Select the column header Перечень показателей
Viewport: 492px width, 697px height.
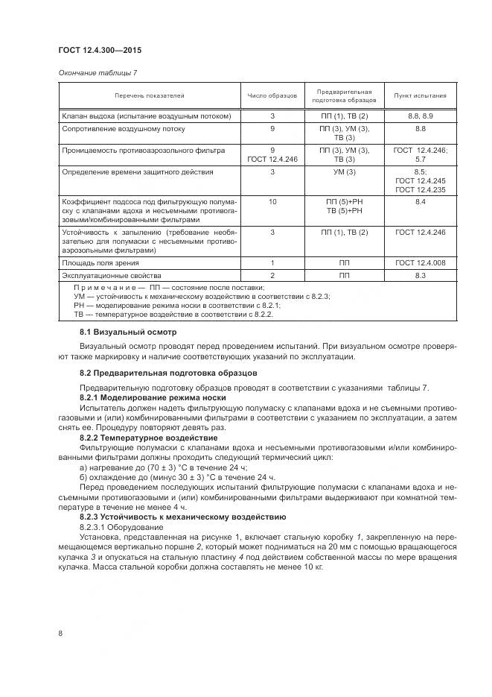(x=149, y=95)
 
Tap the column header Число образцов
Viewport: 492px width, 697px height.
(x=272, y=95)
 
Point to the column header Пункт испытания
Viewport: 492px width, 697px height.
(x=420, y=95)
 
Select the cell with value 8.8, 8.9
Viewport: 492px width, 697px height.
(x=420, y=116)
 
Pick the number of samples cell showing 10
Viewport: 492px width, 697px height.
(x=272, y=202)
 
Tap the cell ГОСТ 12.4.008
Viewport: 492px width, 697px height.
(x=420, y=263)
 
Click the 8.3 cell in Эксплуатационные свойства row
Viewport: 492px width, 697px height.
(x=420, y=276)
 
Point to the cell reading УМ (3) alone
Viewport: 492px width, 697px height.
(x=344, y=171)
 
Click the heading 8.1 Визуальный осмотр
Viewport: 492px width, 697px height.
(x=127, y=331)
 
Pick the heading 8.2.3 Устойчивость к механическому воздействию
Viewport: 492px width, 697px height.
(x=182, y=517)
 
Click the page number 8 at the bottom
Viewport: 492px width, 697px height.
(x=60, y=634)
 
